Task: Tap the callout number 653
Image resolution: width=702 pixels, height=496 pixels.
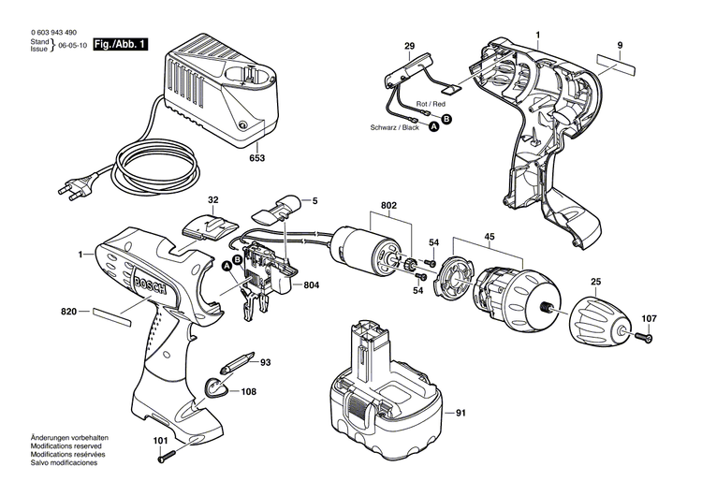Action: click(256, 158)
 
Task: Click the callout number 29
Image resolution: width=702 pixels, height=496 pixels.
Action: click(409, 46)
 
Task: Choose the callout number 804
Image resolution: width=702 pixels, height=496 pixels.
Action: click(312, 284)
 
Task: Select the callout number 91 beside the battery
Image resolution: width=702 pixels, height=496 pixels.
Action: click(460, 413)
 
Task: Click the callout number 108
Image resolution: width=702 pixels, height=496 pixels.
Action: click(248, 392)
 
